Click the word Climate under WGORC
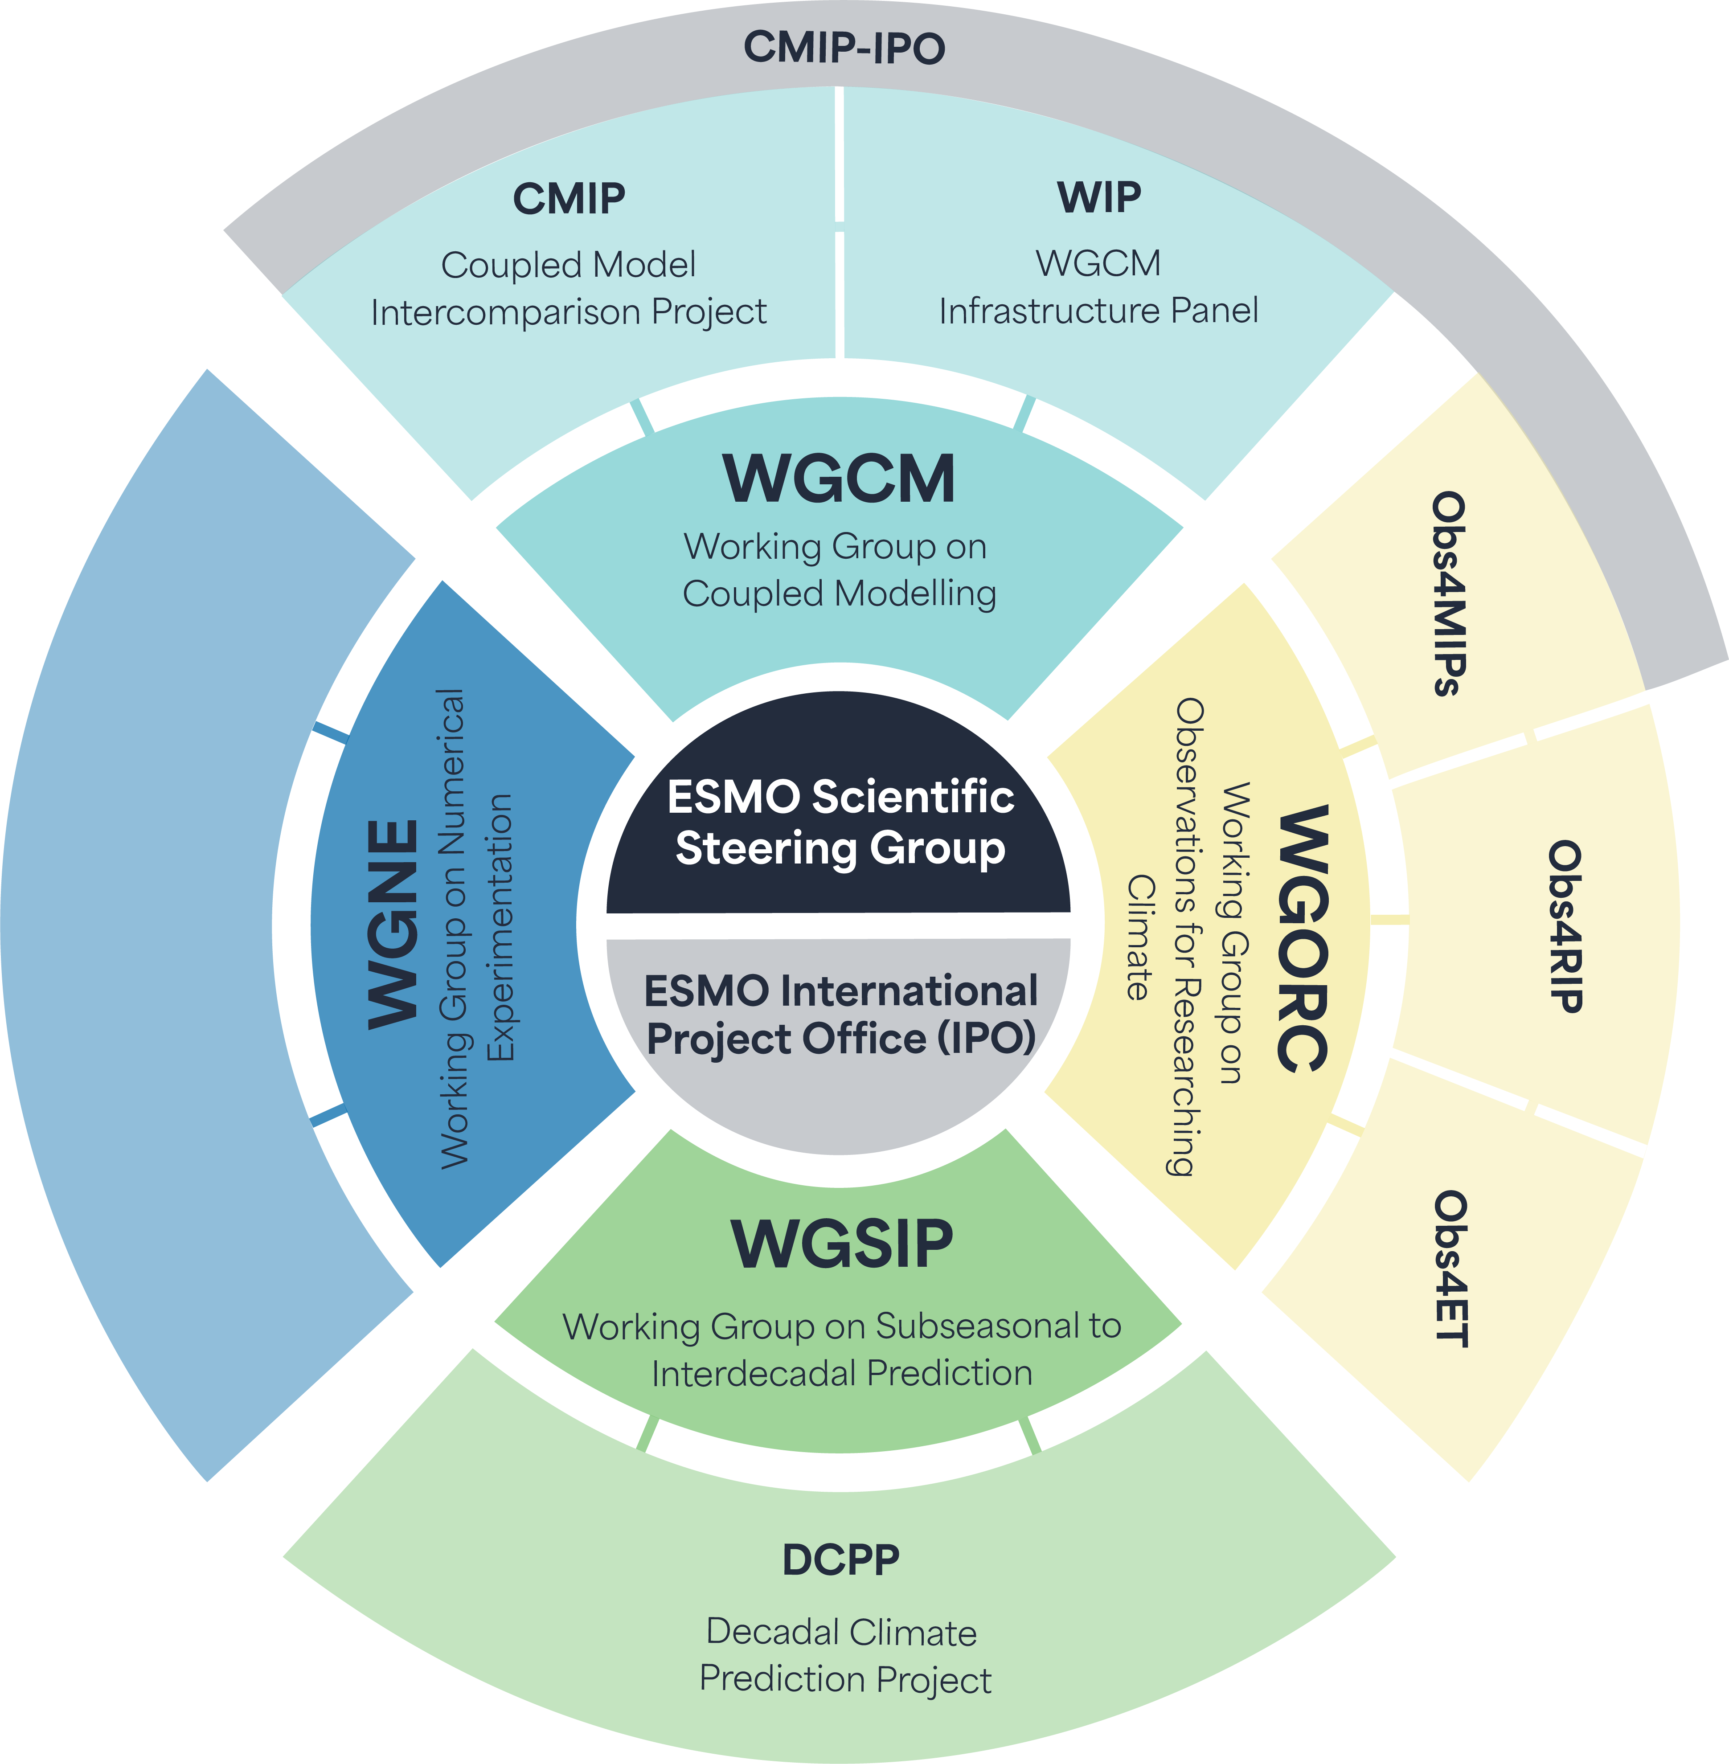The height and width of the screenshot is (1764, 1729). coord(1140,938)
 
